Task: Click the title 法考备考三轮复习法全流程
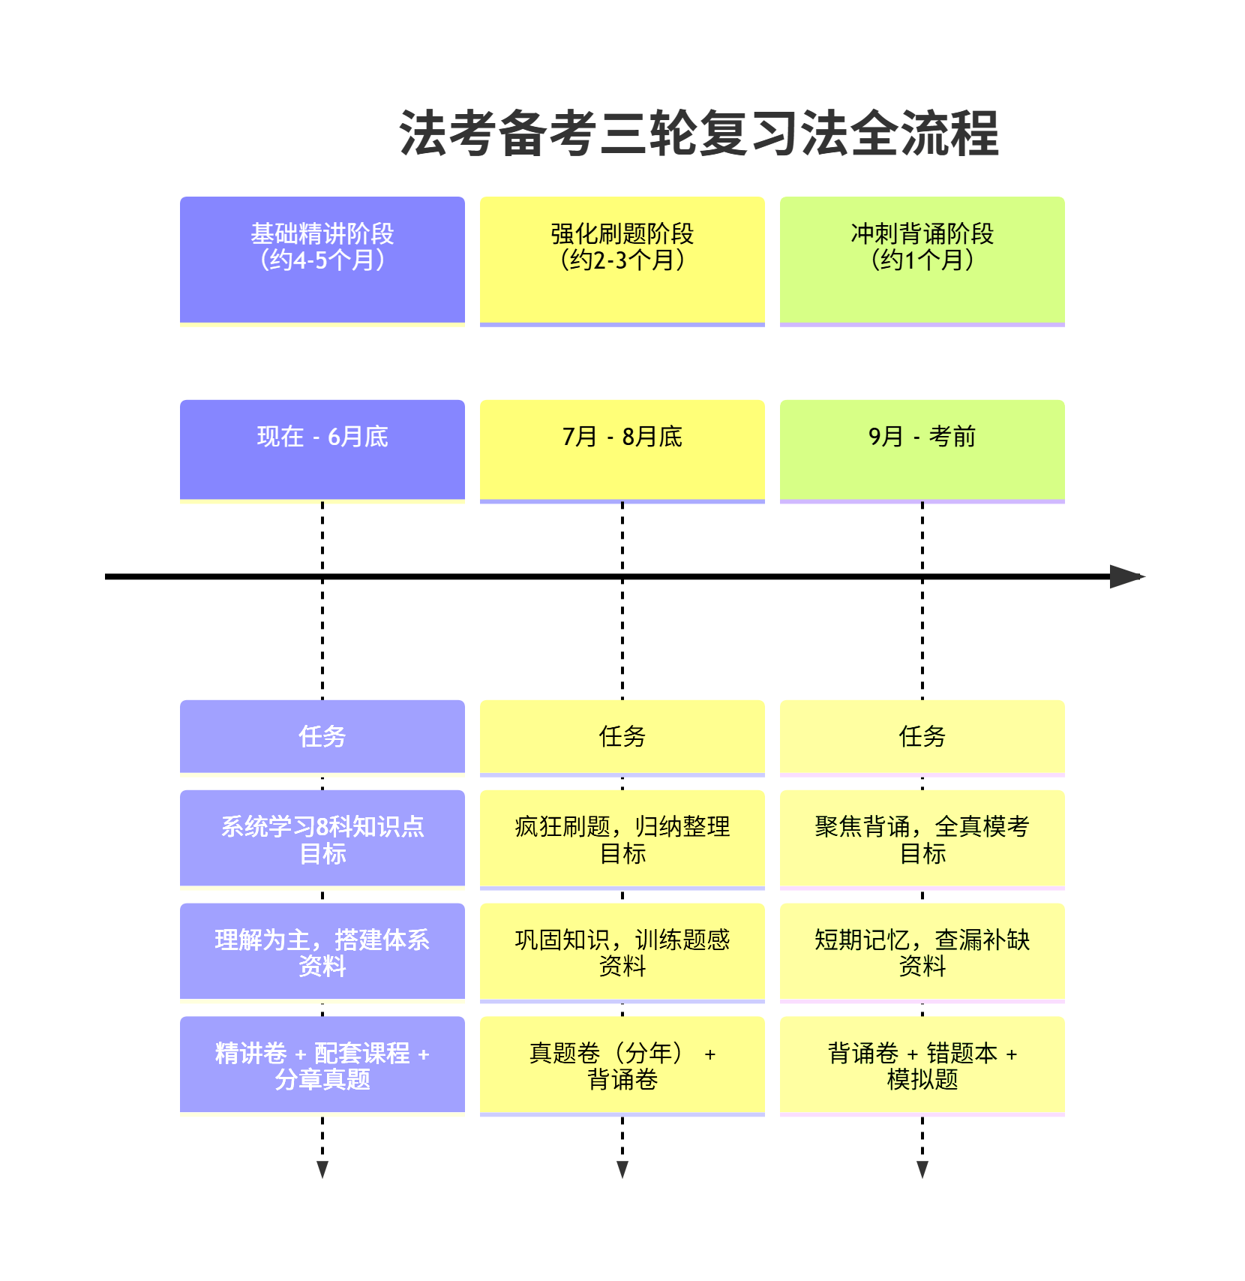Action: pyautogui.click(x=699, y=134)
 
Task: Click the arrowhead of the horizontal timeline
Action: pyautogui.click(x=1126, y=576)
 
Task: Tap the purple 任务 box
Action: pyautogui.click(x=322, y=736)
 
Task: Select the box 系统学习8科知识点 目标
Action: pyautogui.click(x=322, y=838)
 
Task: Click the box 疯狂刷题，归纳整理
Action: pyautogui.click(x=622, y=838)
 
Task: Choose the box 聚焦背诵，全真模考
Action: pyautogui.click(x=922, y=838)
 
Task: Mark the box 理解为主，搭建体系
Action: pyautogui.click(x=322, y=952)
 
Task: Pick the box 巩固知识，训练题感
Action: pyautogui.click(x=622, y=952)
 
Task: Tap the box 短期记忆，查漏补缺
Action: pyautogui.click(x=922, y=952)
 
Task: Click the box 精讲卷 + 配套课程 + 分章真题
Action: pyautogui.click(x=322, y=1065)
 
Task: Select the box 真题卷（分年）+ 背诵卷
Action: pyautogui.click(x=622, y=1065)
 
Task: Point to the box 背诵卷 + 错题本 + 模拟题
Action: pyautogui.click(x=922, y=1065)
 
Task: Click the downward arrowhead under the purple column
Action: pyautogui.click(x=322, y=1169)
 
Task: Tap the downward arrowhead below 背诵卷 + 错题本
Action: pyautogui.click(x=922, y=1169)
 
